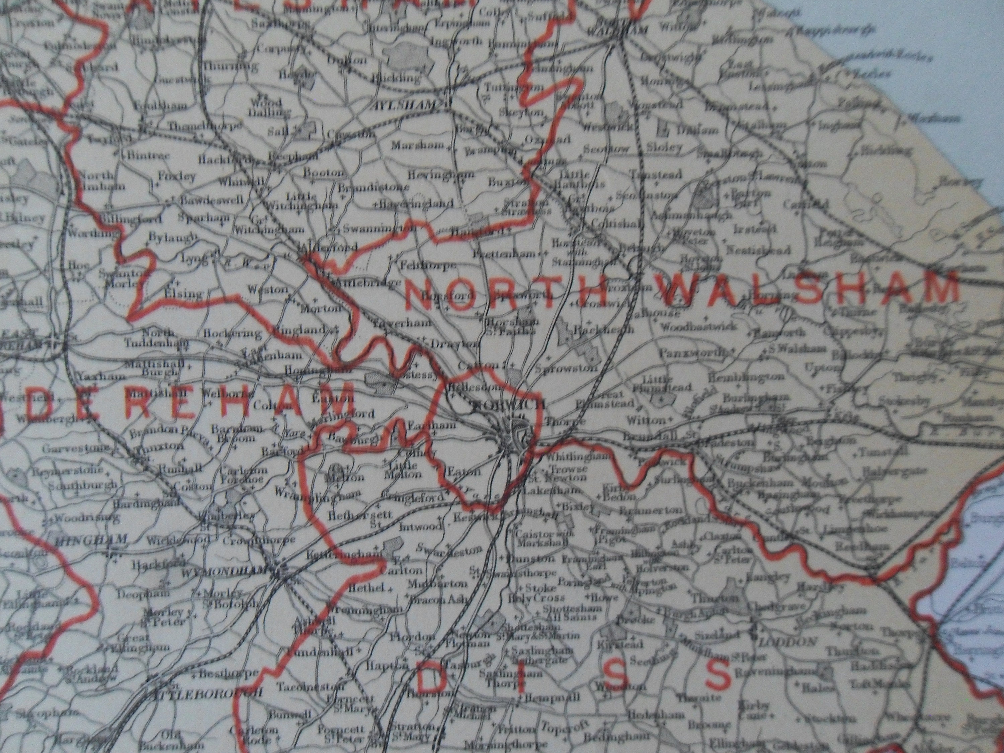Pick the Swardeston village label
tap(449, 550)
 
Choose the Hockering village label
tap(233, 334)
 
